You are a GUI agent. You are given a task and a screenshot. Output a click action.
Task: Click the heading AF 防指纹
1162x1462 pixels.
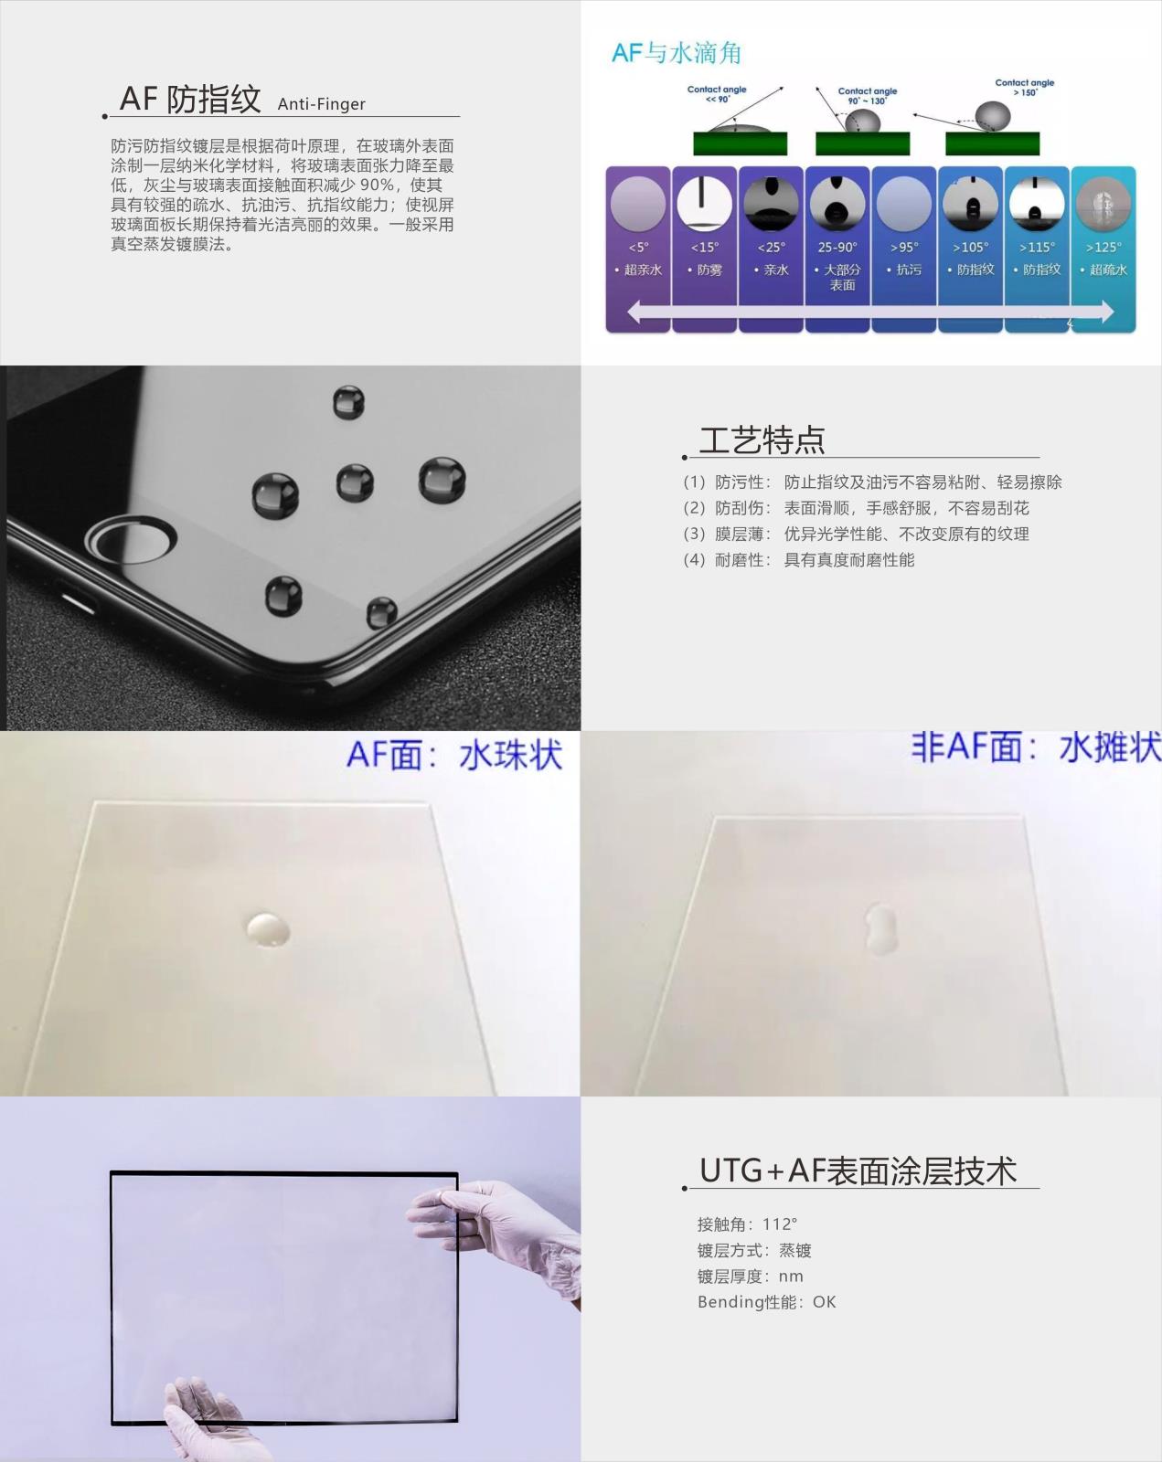pos(190,99)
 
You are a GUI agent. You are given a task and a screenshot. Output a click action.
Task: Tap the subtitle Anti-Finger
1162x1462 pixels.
pos(321,104)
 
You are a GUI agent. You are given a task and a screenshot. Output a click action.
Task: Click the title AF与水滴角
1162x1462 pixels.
pos(676,53)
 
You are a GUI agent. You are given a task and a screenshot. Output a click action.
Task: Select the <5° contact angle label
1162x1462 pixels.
pos(638,247)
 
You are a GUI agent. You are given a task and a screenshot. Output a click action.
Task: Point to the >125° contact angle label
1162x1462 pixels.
pos(1103,247)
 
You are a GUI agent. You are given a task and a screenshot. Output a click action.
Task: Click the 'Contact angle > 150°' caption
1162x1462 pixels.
pos(1024,87)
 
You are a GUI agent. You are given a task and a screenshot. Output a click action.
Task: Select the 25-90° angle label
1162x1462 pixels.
pos(837,247)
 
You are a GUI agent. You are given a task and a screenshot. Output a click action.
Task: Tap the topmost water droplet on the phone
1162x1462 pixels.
pos(348,402)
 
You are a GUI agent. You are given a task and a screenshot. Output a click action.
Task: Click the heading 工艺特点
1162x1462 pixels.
pos(762,440)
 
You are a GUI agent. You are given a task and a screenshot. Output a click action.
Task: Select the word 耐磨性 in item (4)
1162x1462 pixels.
pos(739,559)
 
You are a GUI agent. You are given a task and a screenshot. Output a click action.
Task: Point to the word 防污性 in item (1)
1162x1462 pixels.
pos(739,482)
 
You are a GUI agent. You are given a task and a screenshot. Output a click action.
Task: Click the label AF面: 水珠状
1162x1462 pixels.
pos(454,756)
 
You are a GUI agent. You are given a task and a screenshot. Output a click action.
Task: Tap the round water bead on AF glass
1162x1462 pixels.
pos(268,928)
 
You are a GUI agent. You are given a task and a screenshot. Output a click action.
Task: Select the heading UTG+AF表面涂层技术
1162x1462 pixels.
pos(858,1171)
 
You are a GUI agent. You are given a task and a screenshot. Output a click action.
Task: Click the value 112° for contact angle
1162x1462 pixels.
pos(780,1224)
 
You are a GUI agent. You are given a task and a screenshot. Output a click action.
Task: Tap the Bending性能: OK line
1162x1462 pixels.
pos(766,1301)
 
